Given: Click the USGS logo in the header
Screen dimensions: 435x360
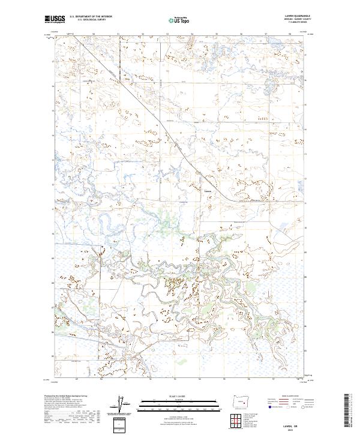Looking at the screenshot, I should click(x=55, y=19).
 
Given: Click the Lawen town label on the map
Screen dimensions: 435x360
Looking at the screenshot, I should click(x=208, y=192).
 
